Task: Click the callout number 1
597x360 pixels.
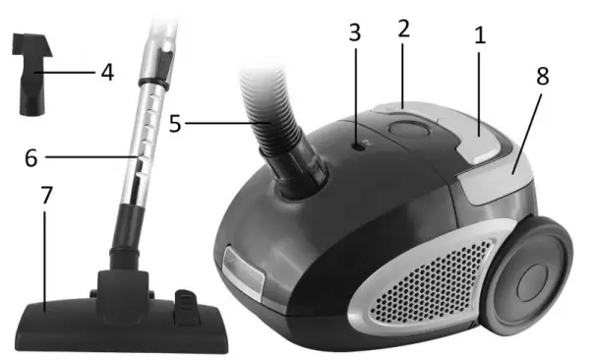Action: tap(479, 37)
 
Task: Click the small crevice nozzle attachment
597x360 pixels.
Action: tap(31, 74)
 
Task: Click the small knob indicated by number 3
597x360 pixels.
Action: tap(360, 144)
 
